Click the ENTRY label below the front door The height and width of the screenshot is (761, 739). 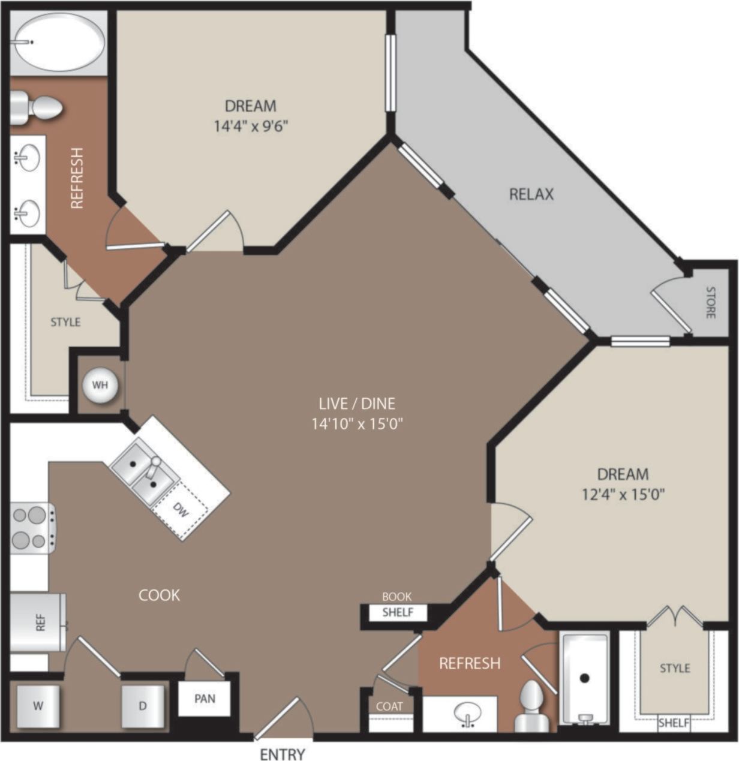coord(282,753)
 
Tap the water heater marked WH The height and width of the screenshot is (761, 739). coord(100,384)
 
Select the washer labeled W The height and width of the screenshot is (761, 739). coord(38,705)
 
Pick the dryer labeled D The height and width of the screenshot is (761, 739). coord(142,705)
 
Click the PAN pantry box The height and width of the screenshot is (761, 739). coord(205,699)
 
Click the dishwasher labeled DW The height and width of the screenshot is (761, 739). coord(180,509)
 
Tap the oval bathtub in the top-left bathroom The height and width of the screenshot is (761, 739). coord(58,42)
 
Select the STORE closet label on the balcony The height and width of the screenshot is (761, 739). coord(710,302)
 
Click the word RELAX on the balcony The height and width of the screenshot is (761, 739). coord(531,194)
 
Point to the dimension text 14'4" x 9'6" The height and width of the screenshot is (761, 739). coord(251,126)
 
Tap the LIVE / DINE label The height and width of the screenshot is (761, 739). coord(357,404)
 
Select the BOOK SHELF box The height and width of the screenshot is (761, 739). coord(397,612)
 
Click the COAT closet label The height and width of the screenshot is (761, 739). coord(389,706)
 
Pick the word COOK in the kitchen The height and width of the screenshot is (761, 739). coord(159,594)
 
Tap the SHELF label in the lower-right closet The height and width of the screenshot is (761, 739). coord(673,723)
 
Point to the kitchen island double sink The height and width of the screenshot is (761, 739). coord(144,471)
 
